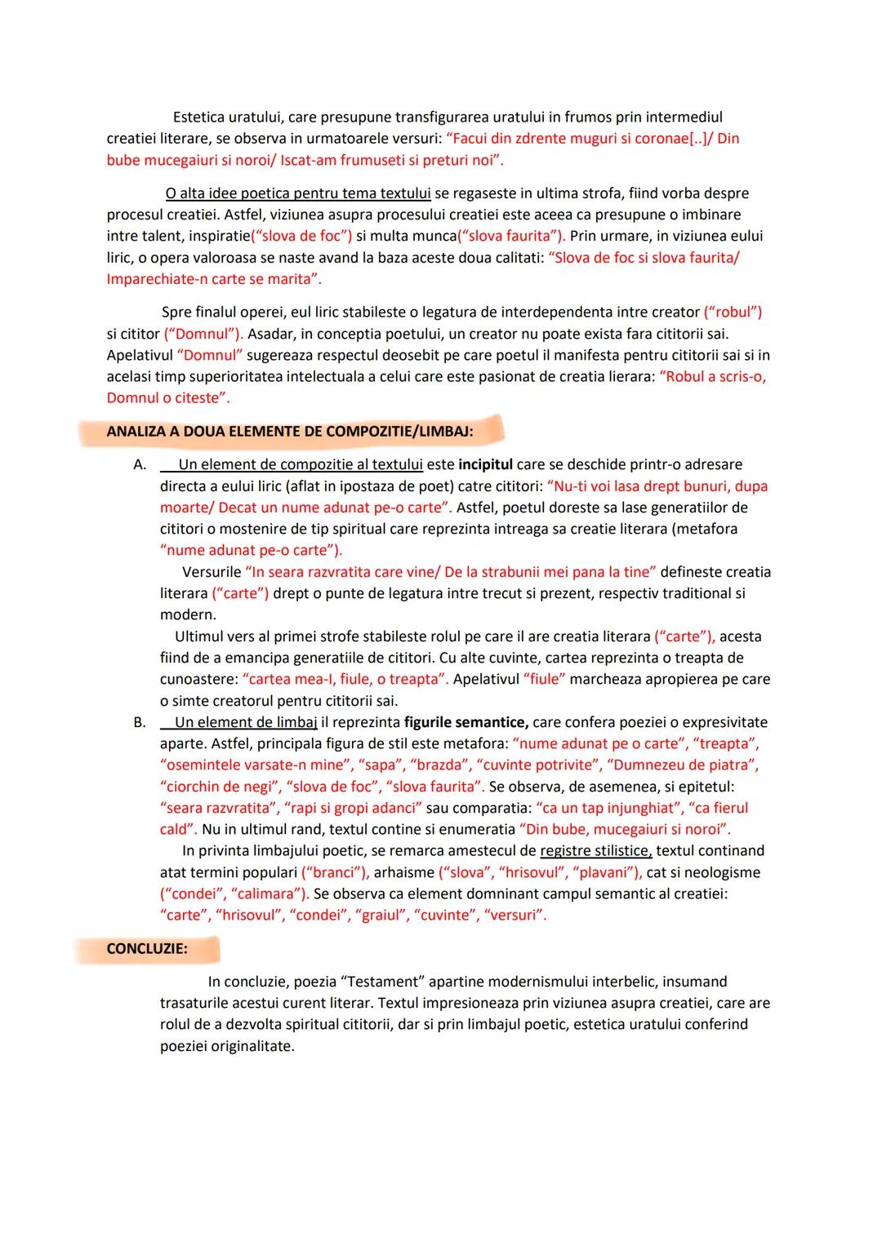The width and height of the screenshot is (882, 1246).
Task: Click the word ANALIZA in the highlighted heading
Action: point(136,432)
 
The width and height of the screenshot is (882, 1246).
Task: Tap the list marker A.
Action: point(140,465)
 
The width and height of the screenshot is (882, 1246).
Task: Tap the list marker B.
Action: point(140,722)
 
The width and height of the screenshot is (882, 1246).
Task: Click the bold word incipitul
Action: point(485,465)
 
